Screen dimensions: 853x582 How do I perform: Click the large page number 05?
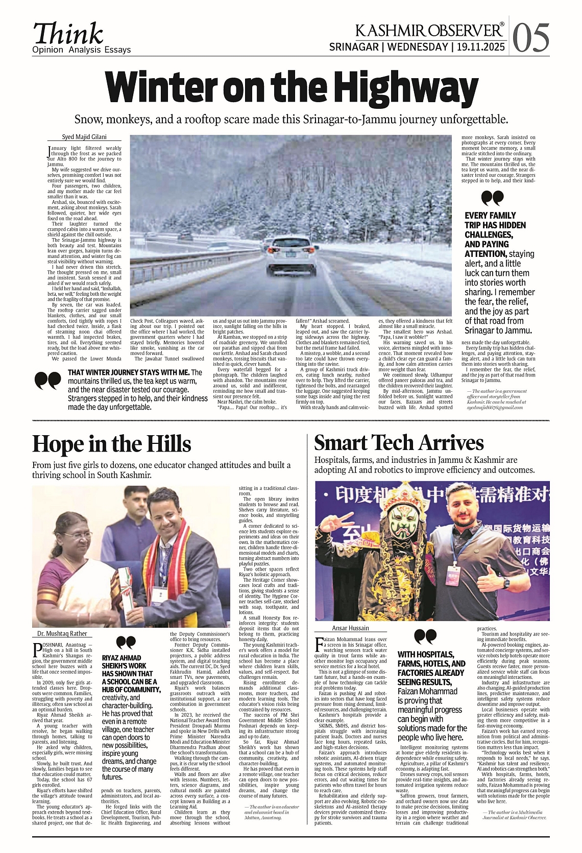[x=531, y=37]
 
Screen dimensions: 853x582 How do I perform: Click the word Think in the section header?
[x=68, y=34]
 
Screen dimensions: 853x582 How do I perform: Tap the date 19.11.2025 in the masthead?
[x=481, y=47]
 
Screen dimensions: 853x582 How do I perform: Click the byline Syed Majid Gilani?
[x=84, y=137]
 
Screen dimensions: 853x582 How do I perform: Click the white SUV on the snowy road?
[x=291, y=255]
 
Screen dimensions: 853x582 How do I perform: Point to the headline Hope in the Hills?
[x=111, y=444]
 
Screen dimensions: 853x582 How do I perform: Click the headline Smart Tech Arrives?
[x=399, y=442]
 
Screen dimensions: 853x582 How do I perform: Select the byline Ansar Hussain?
[x=350, y=628]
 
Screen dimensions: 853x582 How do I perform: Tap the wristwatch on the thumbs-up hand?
[x=505, y=583]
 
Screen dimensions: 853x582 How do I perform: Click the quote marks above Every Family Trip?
[x=492, y=198]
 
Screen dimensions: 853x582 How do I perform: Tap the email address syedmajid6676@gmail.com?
[x=496, y=408]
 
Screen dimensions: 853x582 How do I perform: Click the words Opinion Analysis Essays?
[x=82, y=50]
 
